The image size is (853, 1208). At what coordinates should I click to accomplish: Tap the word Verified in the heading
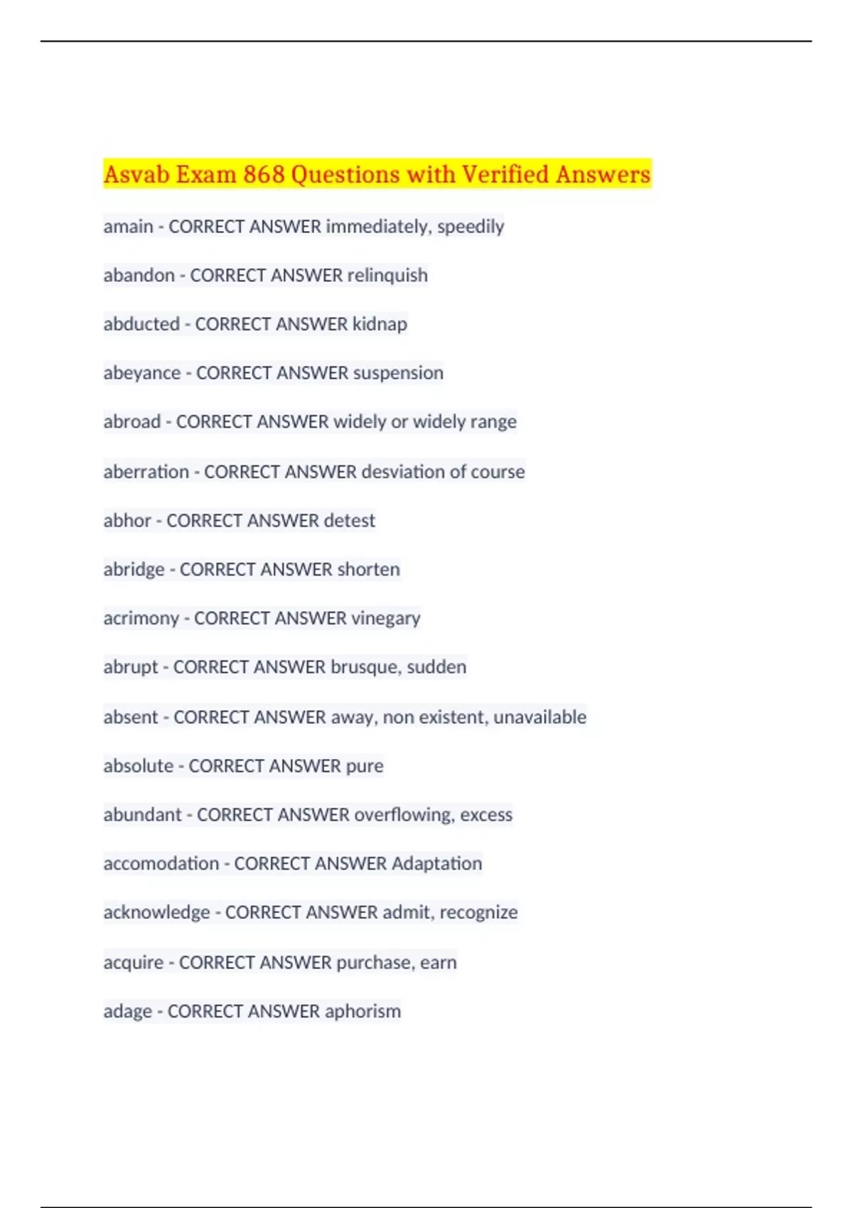tap(505, 174)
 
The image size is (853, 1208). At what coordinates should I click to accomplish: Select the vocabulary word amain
tap(128, 227)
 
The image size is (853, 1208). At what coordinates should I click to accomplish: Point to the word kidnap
tap(380, 324)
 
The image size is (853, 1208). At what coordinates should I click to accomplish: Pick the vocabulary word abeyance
tap(141, 373)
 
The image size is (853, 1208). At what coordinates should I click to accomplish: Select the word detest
tap(349, 521)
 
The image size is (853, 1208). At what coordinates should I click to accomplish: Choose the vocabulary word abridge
tap(134, 570)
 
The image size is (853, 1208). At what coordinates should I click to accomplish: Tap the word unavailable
tap(540, 717)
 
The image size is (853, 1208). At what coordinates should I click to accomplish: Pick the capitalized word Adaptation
tap(436, 863)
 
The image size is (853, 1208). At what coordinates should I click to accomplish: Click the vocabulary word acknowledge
tap(156, 912)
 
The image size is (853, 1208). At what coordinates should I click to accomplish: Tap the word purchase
tap(374, 962)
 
